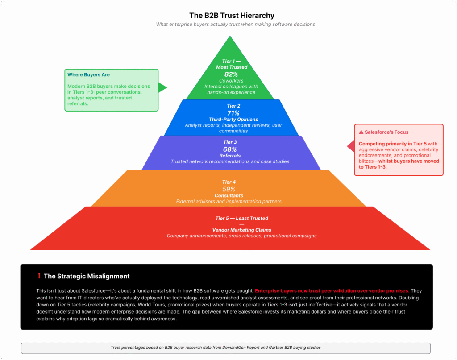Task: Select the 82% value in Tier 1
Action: pos(231,74)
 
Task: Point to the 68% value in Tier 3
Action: pos(230,149)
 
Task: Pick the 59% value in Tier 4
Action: pos(229,189)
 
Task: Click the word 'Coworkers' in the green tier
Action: pos(231,81)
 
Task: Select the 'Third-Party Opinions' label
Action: pos(233,120)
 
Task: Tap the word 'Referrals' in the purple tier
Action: pos(230,156)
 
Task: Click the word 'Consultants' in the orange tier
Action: pos(228,195)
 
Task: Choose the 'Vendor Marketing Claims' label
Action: pos(241,230)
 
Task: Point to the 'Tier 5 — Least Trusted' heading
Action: pos(241,218)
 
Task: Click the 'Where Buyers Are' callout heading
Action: pos(88,75)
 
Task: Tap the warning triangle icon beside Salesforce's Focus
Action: pos(361,132)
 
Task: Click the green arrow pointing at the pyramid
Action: pos(162,87)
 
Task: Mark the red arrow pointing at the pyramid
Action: pos(351,146)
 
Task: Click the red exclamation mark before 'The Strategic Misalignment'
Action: pos(39,276)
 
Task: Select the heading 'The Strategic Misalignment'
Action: pos(87,276)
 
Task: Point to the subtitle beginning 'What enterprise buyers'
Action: pos(235,25)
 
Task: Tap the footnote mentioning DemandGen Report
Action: pos(216,347)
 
